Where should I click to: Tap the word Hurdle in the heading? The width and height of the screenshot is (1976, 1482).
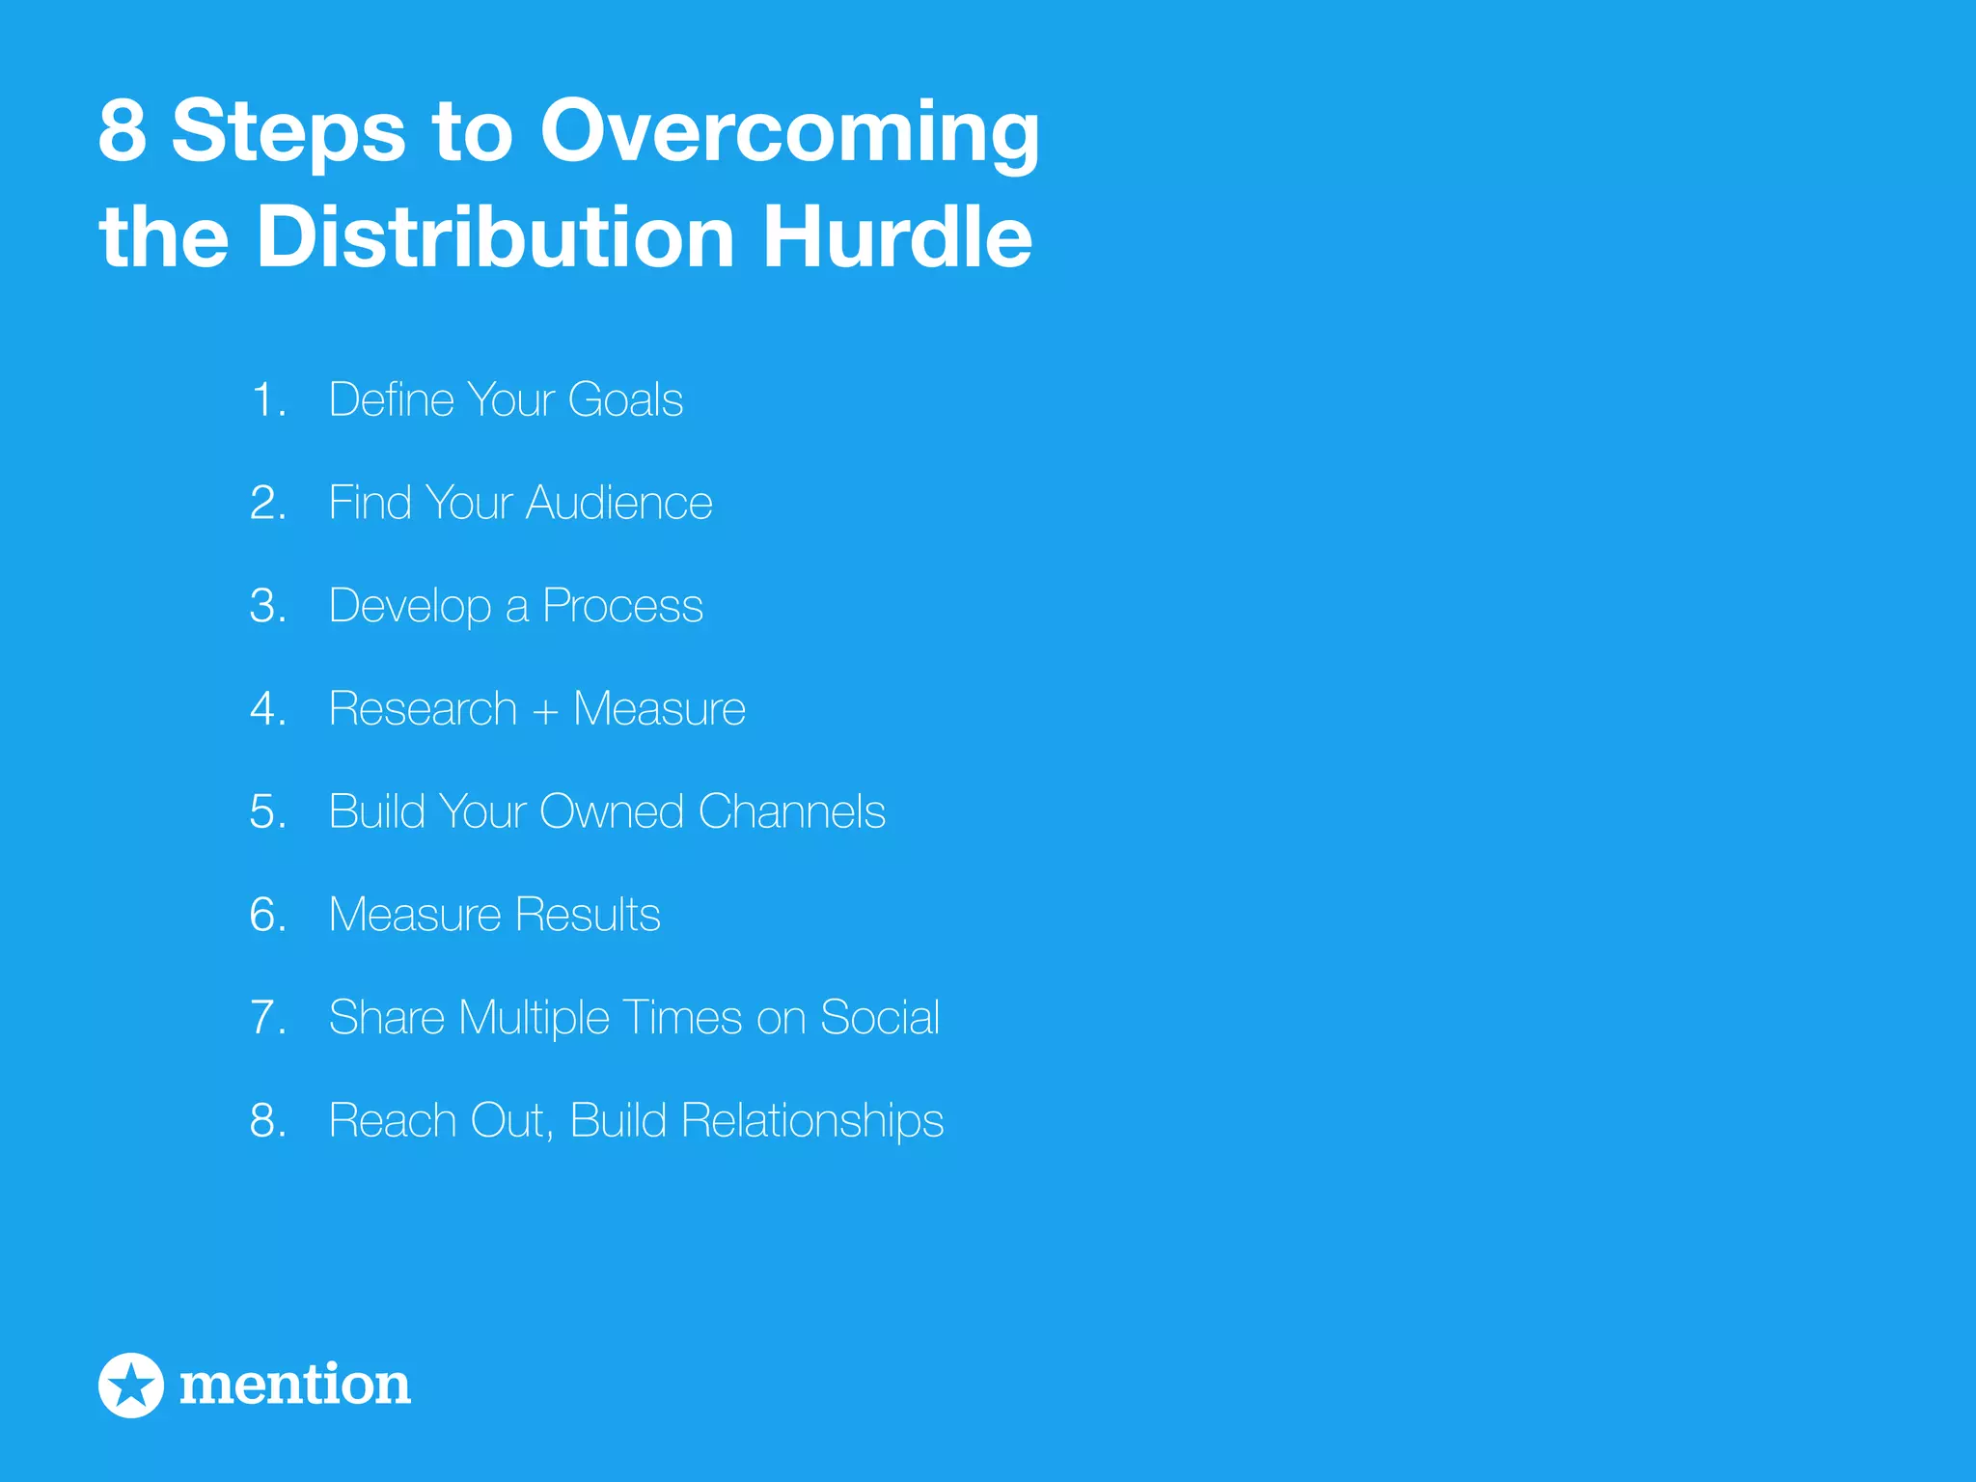click(x=897, y=237)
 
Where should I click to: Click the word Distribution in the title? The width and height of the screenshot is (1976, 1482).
click(x=495, y=237)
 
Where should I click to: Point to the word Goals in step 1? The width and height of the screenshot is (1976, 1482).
click(x=625, y=399)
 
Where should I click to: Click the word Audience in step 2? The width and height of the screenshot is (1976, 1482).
click(x=618, y=503)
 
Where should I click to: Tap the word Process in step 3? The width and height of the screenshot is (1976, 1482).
click(x=622, y=606)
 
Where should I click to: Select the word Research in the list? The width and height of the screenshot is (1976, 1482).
click(x=423, y=709)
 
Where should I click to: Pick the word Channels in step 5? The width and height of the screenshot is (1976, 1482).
click(x=791, y=811)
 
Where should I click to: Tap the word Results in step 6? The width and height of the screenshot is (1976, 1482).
click(x=588, y=915)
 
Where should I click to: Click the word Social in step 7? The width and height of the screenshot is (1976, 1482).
click(x=879, y=1018)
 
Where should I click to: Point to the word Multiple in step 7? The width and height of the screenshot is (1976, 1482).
click(x=534, y=1019)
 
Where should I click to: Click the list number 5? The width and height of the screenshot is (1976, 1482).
click(x=267, y=812)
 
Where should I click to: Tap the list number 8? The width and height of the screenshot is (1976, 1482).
click(x=267, y=1121)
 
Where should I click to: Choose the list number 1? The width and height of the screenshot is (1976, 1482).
click(x=267, y=400)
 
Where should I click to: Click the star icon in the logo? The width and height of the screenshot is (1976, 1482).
click(x=131, y=1386)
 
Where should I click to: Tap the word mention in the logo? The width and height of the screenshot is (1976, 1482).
click(x=295, y=1385)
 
